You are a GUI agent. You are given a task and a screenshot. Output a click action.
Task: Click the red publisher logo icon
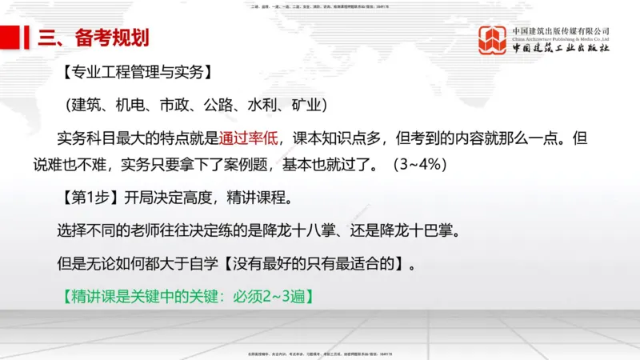pyautogui.click(x=492, y=40)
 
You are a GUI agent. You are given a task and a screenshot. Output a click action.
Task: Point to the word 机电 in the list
pyautogui.click(x=133, y=106)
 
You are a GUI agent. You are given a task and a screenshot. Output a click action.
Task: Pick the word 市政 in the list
pyautogui.click(x=177, y=106)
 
